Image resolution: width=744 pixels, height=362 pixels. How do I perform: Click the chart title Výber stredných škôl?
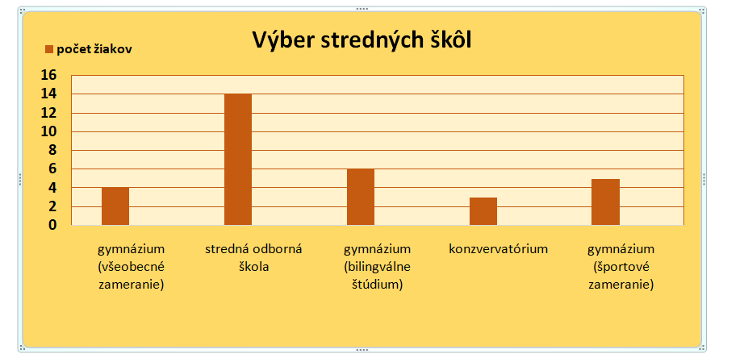[x=361, y=40]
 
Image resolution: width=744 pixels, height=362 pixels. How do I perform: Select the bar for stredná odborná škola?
[x=238, y=159]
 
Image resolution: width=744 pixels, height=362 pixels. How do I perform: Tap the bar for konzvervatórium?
[x=483, y=211]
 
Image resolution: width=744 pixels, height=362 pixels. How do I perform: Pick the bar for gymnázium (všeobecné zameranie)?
[x=115, y=206]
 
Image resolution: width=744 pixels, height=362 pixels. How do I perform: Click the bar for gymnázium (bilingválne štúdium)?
[x=361, y=197]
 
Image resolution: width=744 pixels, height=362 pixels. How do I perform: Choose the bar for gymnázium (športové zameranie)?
[x=605, y=202]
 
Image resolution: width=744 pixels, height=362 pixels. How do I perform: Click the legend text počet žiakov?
[x=94, y=49]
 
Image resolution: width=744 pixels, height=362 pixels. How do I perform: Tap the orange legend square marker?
[x=49, y=49]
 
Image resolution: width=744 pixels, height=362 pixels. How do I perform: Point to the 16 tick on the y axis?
[x=49, y=75]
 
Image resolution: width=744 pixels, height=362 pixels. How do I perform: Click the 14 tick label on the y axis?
[x=49, y=94]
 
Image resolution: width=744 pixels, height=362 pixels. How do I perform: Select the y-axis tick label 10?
[x=49, y=131]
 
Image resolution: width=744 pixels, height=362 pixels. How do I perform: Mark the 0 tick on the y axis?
[x=52, y=225]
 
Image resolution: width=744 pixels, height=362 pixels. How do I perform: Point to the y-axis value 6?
[x=52, y=169]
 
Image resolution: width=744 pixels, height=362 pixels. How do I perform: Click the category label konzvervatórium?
[x=498, y=249]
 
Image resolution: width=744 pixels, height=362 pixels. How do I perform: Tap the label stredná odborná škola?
[x=253, y=258]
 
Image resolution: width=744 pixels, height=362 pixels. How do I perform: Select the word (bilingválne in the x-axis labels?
[x=377, y=267]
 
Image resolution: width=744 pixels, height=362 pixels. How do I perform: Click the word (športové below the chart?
[x=621, y=267]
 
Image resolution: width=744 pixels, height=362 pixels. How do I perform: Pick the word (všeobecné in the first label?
[x=131, y=267]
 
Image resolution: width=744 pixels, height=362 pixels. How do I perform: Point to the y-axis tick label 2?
[x=52, y=206]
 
